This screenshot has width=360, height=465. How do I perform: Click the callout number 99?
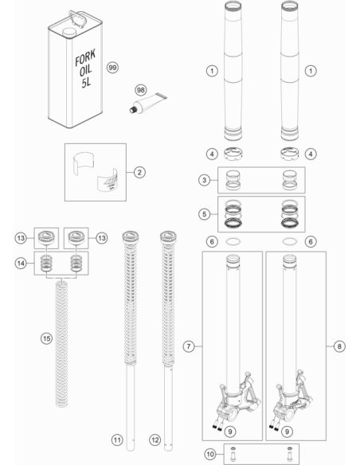(112, 68)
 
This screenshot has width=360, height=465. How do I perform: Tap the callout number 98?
(141, 90)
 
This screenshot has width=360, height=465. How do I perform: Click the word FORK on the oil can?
(85, 57)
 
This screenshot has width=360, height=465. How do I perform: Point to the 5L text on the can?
(86, 83)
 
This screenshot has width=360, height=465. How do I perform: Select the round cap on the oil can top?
(69, 32)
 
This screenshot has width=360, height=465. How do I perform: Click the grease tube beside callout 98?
(148, 103)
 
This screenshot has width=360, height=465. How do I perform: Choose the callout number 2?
(139, 172)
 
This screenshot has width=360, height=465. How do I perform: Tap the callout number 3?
(205, 180)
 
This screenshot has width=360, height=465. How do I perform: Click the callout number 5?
(205, 214)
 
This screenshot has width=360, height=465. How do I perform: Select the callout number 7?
(189, 346)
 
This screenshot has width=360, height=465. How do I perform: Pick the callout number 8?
(339, 346)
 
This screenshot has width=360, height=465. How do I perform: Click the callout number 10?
(210, 454)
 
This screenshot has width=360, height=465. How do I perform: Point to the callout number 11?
(117, 440)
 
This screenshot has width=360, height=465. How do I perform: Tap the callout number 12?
(155, 440)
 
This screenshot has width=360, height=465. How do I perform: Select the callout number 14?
(21, 263)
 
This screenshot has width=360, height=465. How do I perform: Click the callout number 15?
(46, 338)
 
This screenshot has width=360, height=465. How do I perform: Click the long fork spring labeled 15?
(61, 344)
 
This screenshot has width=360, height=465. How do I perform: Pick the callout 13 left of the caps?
(21, 238)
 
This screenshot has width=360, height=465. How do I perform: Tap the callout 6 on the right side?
(311, 242)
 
